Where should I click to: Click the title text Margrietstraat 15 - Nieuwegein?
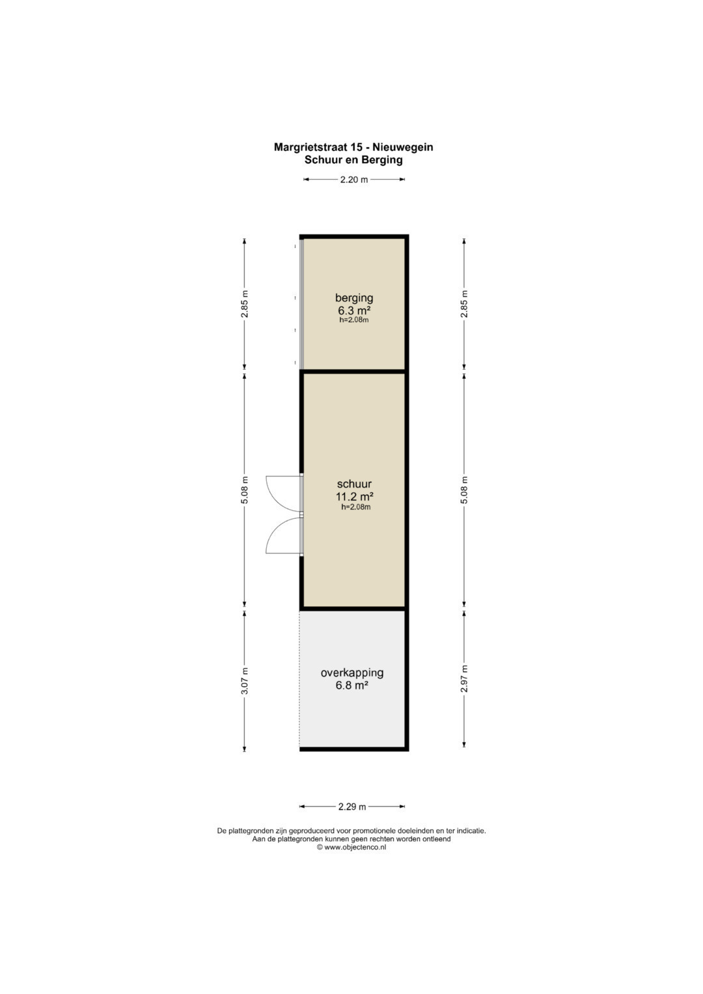tap(353, 147)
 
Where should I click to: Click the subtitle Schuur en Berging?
tap(353, 159)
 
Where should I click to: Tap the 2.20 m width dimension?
tap(353, 180)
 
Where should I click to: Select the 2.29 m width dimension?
tap(352, 807)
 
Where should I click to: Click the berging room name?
tap(353, 297)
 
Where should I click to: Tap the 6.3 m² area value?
tap(353, 310)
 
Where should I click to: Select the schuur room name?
tap(354, 484)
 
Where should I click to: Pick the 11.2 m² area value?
tap(354, 496)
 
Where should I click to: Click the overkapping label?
tap(352, 672)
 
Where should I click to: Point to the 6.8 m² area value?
tap(352, 685)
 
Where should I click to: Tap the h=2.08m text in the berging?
tap(353, 320)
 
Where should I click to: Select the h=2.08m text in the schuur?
tap(355, 507)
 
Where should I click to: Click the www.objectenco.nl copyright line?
tap(351, 847)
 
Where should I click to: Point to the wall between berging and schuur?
tap(353, 372)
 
